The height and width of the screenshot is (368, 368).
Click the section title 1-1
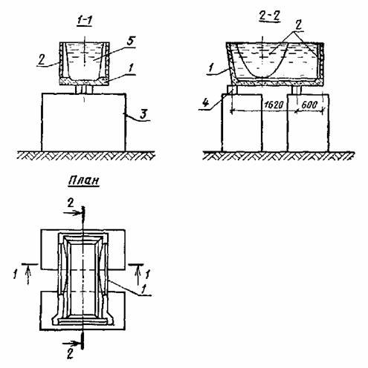click(84, 22)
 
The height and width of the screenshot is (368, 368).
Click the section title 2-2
click(269, 17)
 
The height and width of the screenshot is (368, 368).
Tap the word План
click(84, 181)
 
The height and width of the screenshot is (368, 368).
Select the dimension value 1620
click(274, 105)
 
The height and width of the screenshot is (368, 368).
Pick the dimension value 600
click(309, 105)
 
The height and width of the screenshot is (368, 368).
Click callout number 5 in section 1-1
click(131, 41)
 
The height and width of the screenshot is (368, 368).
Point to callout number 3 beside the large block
click(143, 114)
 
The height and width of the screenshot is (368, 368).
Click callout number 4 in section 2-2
click(205, 102)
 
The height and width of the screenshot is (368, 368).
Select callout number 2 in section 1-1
click(42, 59)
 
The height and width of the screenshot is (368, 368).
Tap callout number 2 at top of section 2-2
click(299, 25)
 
